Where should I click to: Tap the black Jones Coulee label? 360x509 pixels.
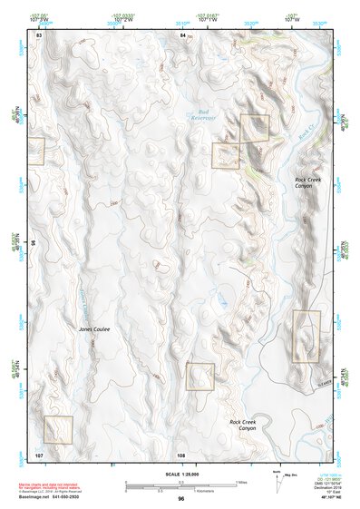tap(94, 329)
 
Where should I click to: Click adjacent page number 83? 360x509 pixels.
tap(39, 34)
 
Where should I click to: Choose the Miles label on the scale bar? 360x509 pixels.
tap(241, 481)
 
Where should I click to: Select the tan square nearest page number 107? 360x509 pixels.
tap(57, 429)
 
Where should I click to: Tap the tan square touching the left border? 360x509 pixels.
tap(36, 151)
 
